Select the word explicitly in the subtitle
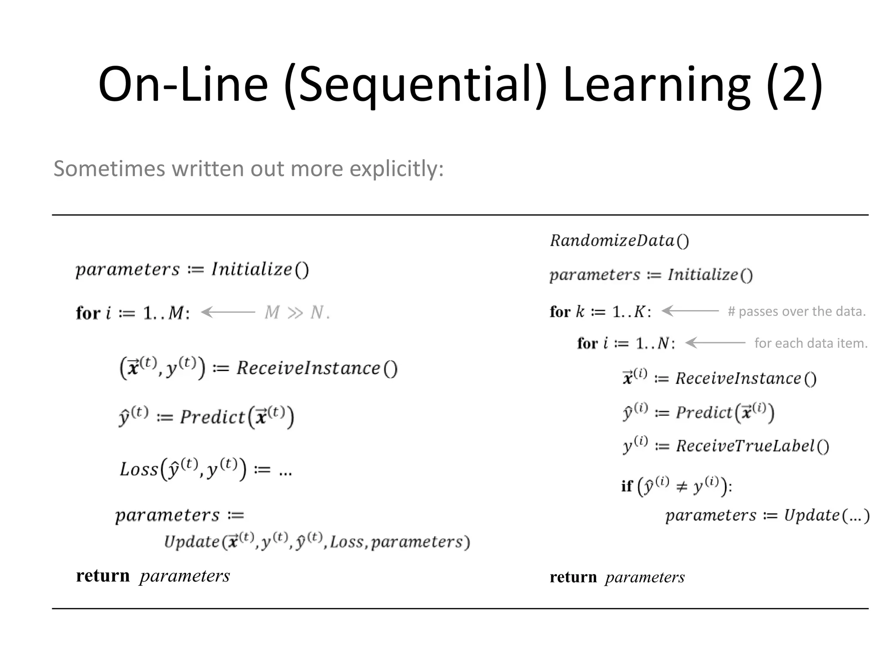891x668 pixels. (396, 169)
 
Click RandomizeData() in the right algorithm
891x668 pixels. (619, 240)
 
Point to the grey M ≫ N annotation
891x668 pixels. (297, 312)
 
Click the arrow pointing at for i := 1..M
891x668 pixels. (228, 312)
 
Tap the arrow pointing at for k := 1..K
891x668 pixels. (690, 311)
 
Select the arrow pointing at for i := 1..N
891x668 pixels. (715, 343)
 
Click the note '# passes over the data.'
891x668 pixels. (797, 311)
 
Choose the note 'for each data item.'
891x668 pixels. (811, 343)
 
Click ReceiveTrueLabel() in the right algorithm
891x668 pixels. (752, 446)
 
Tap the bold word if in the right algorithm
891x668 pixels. (626, 486)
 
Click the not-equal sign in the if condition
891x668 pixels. (682, 486)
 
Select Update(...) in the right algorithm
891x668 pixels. (826, 515)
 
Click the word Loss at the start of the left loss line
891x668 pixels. (139, 469)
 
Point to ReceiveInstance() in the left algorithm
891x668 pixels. (317, 368)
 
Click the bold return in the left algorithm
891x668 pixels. (103, 576)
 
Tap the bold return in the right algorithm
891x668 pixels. (573, 577)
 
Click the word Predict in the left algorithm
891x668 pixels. (213, 417)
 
